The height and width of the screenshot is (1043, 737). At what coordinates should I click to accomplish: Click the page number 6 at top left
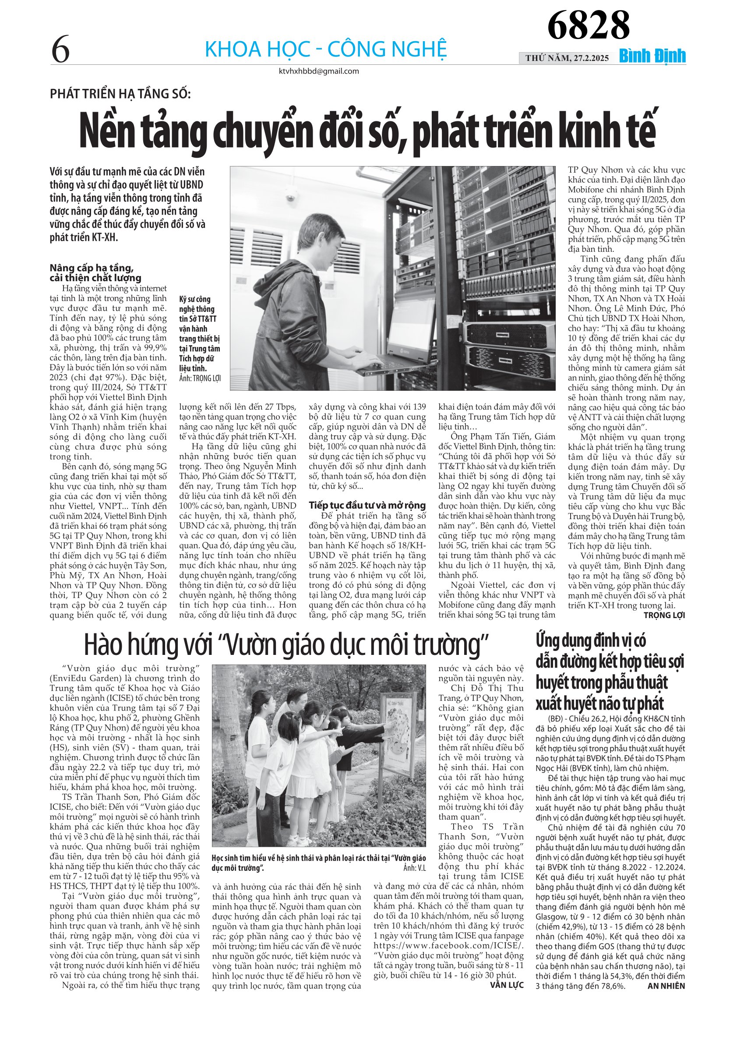pos(60,49)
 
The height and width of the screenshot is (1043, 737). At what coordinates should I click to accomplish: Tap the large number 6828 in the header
pos(588,25)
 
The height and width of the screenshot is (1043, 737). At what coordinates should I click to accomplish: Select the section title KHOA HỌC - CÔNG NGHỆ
pos(326,49)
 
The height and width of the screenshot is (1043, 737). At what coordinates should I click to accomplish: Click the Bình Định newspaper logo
pos(652,57)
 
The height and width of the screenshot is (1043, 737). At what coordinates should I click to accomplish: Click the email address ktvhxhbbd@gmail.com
pos(319,71)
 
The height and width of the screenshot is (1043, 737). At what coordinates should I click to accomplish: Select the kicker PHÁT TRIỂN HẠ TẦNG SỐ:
pos(120,94)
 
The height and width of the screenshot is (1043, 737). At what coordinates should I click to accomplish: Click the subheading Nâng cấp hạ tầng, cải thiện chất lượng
pos(95,273)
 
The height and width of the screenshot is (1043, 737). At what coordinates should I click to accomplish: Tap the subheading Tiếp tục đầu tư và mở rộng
pos(367,505)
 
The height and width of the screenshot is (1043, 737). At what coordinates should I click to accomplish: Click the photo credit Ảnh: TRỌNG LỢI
pos(200,378)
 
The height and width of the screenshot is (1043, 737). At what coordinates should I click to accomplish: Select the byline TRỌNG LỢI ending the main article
pos(664,615)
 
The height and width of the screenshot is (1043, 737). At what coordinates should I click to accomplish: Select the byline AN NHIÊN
pos(666,986)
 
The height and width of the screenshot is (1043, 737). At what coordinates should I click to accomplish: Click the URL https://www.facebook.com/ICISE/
pos(448,946)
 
